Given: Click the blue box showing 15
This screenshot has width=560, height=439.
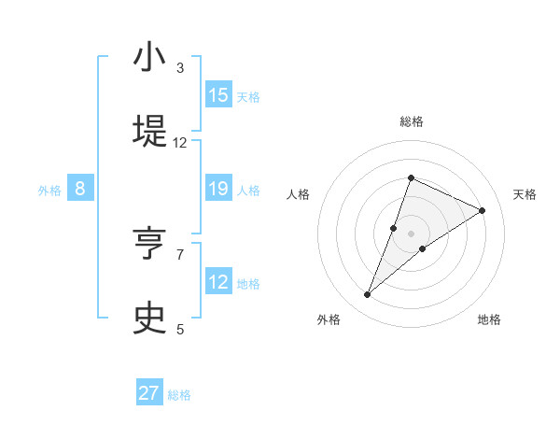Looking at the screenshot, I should [218, 95].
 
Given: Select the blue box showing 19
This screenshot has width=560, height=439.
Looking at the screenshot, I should [218, 189].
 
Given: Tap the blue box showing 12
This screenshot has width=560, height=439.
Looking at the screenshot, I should [218, 282].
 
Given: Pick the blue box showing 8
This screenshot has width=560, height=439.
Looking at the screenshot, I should [80, 189].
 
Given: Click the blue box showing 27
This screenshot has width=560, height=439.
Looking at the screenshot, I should [149, 393].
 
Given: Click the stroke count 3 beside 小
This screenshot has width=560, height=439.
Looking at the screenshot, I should [180, 68].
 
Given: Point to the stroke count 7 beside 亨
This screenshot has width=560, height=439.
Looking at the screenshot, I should [180, 254].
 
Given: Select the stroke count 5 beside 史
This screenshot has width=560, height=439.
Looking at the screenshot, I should [180, 329].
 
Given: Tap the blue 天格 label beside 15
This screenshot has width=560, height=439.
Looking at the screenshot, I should [248, 96].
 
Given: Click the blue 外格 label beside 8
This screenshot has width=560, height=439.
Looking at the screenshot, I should [49, 190].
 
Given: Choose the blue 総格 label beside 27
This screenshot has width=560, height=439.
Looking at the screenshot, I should [179, 395].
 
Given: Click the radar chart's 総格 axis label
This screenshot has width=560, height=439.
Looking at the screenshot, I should [411, 121].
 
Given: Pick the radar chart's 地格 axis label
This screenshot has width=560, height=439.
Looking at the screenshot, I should [489, 319].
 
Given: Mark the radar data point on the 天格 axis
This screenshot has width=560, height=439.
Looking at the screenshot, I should [483, 210].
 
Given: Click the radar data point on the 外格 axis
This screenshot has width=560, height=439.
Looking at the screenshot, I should [368, 295].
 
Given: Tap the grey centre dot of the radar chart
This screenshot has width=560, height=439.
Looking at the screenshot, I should [411, 233].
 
